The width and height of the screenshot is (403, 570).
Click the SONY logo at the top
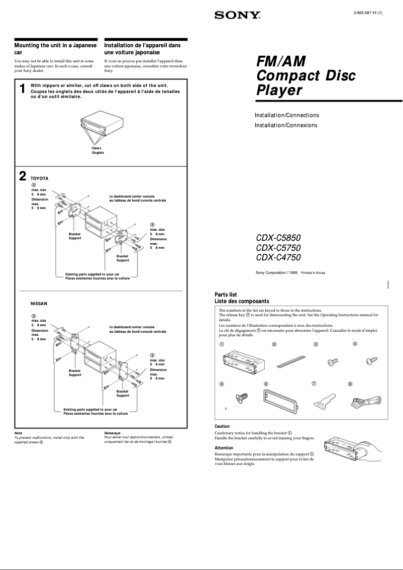tap(238, 16)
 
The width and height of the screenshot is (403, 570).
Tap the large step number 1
tap(22, 89)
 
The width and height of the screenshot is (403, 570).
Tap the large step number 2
tap(22, 176)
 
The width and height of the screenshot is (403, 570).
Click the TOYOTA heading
tap(40, 178)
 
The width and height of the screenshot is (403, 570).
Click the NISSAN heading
tap(39, 304)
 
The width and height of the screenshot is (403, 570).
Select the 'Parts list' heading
tap(226, 295)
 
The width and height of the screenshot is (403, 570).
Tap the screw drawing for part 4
tap(371, 360)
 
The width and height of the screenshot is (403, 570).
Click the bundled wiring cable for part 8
tap(367, 402)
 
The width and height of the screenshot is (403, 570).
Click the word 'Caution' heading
tap(222, 426)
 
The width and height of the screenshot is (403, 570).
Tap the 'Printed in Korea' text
tap(313, 273)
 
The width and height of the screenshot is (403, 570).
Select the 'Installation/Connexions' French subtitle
tap(286, 125)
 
